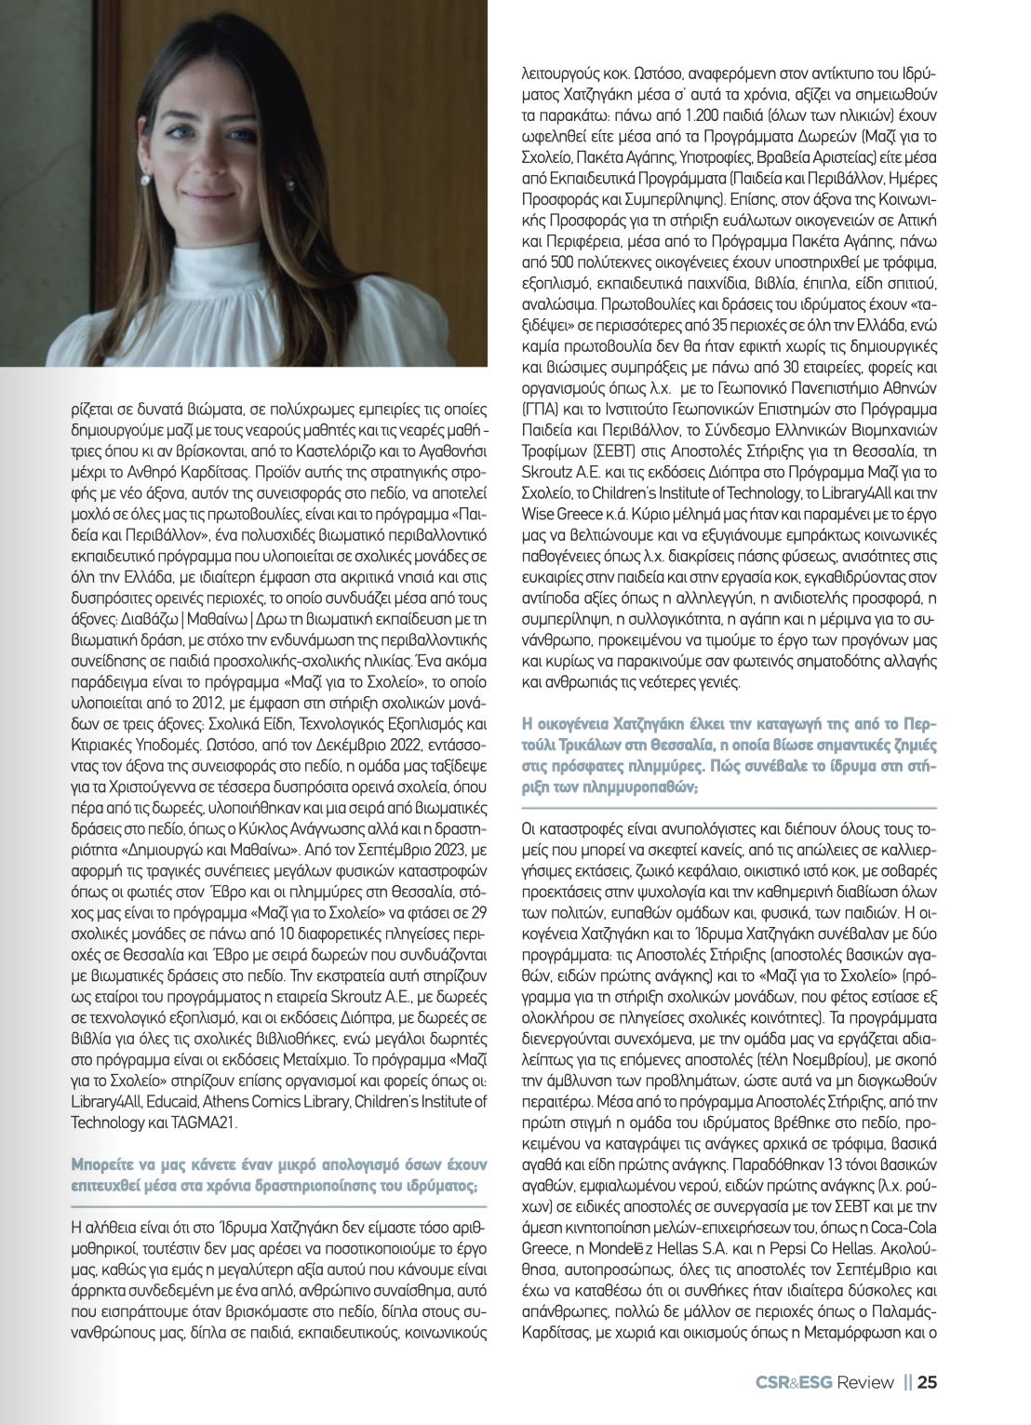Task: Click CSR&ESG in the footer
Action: point(794,1381)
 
